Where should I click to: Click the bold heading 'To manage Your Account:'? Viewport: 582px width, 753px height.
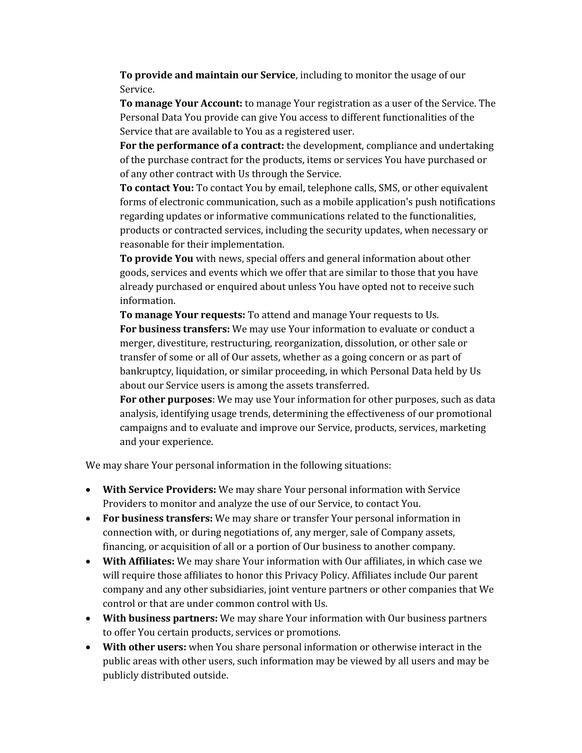(x=181, y=103)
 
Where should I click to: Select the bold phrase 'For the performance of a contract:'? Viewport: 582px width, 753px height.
(x=202, y=146)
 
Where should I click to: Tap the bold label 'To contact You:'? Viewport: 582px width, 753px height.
(x=157, y=188)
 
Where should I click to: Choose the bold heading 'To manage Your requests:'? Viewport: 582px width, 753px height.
(x=182, y=315)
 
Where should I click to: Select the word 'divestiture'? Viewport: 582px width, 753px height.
(x=182, y=343)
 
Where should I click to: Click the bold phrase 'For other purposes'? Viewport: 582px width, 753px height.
(x=165, y=399)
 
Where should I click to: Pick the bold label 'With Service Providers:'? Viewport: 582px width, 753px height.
(x=159, y=489)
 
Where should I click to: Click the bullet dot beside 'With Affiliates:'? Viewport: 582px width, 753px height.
(x=89, y=562)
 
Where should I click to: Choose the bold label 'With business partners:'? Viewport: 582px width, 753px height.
(x=160, y=618)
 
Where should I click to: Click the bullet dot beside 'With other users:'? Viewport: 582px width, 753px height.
(x=89, y=648)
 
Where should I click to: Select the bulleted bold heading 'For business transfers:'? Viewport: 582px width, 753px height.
(x=157, y=518)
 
